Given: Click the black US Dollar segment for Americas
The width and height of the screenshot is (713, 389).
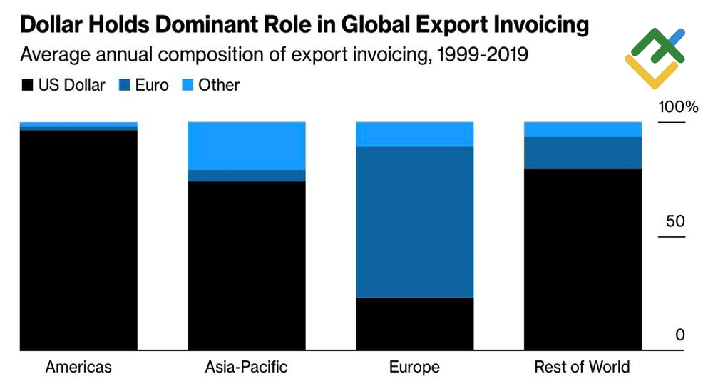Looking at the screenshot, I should tap(78, 240).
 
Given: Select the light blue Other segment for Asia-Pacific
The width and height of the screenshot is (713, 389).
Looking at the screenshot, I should tap(246, 146).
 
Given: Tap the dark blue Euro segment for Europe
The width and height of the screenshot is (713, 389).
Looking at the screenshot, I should tap(414, 221).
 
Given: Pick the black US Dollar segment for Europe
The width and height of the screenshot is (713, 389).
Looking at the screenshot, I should tap(414, 323).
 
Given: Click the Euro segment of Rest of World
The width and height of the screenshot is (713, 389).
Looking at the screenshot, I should tap(583, 153).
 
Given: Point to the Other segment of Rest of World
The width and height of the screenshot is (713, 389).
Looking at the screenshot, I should tap(583, 129).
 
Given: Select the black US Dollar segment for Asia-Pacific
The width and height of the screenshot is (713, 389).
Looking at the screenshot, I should tap(246, 266).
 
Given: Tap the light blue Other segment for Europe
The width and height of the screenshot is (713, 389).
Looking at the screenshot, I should tap(414, 134).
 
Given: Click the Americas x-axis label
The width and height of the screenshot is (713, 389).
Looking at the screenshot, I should tap(78, 368).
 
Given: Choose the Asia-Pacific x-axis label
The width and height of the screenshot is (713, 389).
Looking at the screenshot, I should tap(246, 368).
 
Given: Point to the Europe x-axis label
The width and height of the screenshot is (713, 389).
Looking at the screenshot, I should tap(414, 368).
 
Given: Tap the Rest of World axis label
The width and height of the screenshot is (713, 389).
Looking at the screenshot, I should tap(583, 368).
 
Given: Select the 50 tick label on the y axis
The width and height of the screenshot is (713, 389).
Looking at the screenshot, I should tap(675, 221).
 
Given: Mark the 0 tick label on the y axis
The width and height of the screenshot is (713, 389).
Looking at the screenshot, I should tap(680, 335).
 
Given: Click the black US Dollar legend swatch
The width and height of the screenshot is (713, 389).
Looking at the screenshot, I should tap(27, 86).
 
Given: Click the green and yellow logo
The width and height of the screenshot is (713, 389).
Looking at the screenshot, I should tap(654, 57).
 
